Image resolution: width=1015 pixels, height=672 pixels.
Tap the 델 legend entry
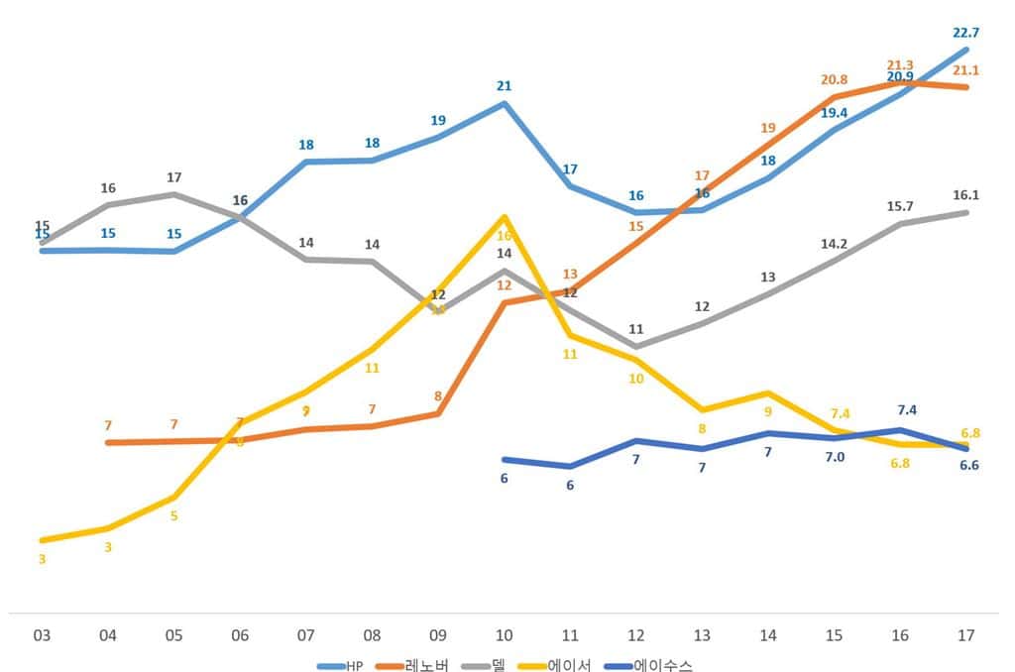[x=494, y=665]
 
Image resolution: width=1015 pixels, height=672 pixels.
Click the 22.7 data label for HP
[x=966, y=32]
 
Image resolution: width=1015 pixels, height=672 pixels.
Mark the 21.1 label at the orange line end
[x=966, y=69]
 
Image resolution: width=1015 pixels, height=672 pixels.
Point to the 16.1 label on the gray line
[x=966, y=195]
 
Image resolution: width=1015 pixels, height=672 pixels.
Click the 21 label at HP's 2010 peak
[x=505, y=85]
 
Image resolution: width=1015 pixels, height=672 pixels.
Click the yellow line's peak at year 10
[x=505, y=216]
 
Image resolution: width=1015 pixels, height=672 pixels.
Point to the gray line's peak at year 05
[x=174, y=194]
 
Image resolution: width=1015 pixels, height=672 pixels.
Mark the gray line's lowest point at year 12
[x=636, y=347]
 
